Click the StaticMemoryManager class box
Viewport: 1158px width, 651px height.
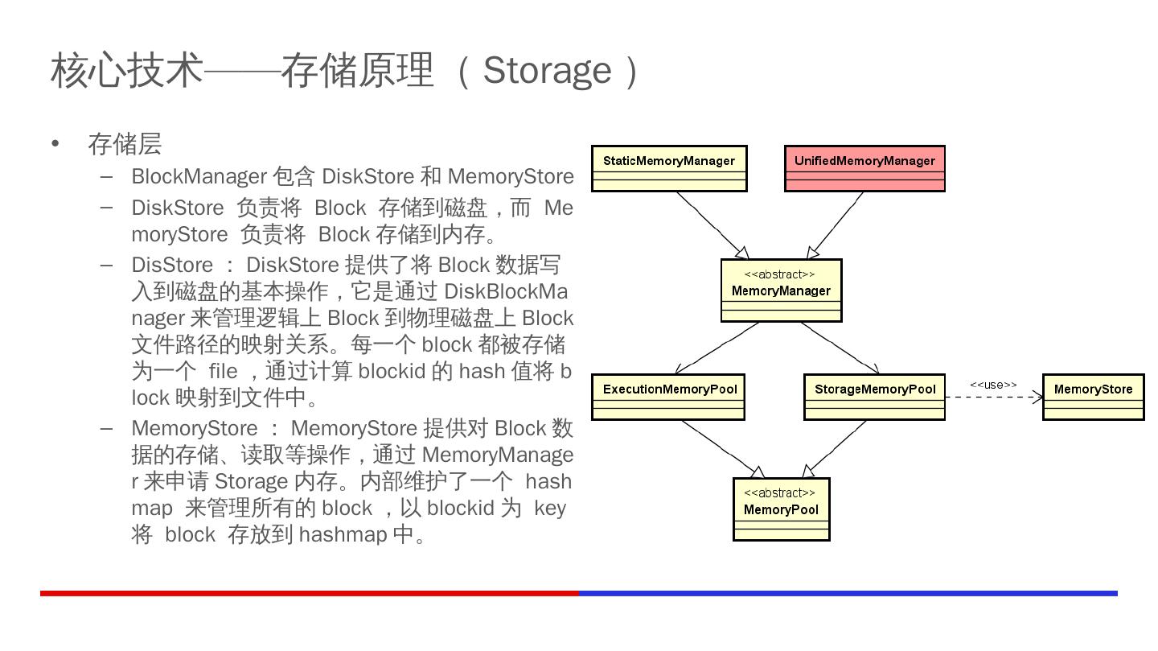(x=669, y=168)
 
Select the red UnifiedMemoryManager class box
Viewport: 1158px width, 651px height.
(x=864, y=168)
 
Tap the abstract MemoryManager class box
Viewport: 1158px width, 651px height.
(x=781, y=290)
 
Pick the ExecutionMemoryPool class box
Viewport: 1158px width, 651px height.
(x=668, y=397)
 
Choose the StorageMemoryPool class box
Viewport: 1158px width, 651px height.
(x=874, y=397)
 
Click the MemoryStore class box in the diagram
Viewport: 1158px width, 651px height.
(x=1093, y=397)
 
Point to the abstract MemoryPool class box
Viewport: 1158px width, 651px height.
(x=781, y=509)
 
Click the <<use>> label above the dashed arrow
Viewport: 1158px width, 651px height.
(x=993, y=385)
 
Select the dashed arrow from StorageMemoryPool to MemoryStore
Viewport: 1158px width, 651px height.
(x=993, y=397)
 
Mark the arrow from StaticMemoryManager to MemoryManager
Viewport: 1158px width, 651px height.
(x=712, y=225)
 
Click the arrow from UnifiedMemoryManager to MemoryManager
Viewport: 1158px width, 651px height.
(x=836, y=225)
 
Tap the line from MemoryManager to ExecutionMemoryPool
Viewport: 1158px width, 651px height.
(x=717, y=348)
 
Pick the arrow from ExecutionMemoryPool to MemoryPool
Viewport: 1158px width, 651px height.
(x=721, y=448)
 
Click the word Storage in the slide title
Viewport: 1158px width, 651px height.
(x=546, y=70)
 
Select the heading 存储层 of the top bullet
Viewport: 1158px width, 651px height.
(x=125, y=144)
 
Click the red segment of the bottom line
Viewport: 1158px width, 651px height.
(x=310, y=593)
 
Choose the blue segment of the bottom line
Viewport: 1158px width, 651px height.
(x=848, y=593)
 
